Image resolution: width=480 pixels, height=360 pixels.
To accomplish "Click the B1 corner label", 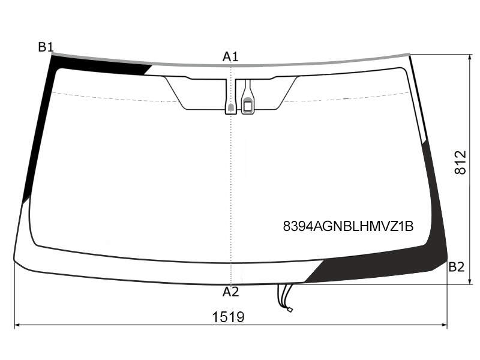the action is [46, 47].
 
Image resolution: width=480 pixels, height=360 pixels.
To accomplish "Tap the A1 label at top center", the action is [230, 56].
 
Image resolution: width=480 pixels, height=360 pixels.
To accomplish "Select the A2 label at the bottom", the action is [230, 292].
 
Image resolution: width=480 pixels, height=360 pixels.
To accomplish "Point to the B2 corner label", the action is [457, 267].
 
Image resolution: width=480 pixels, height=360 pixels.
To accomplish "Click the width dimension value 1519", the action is [229, 317].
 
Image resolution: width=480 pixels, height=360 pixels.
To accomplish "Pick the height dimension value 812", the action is [460, 163].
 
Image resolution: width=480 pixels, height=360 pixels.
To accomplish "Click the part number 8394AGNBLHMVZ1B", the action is [349, 227].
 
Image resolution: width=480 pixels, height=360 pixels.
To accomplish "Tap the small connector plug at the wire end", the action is [290, 310].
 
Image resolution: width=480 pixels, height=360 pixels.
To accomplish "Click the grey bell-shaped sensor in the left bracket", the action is [231, 107].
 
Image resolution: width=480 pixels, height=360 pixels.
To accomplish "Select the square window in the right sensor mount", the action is [247, 106].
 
